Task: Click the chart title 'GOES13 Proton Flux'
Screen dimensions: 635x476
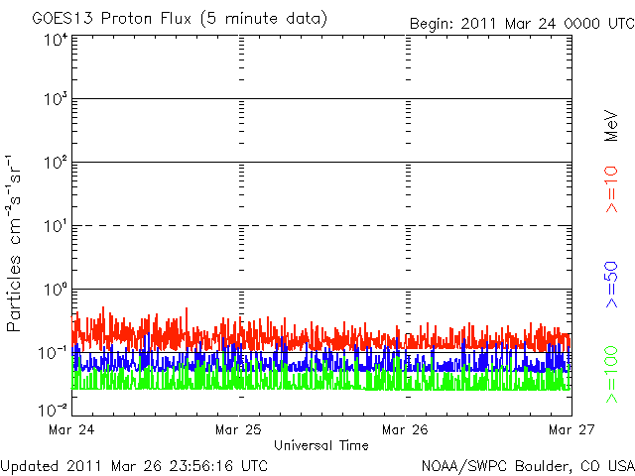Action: click(112, 19)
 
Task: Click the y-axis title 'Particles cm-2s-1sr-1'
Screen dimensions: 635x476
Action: click(14, 243)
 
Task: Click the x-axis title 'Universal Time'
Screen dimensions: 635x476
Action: click(321, 445)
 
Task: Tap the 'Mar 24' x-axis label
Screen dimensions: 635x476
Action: click(71, 429)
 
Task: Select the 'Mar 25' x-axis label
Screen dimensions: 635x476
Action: click(238, 429)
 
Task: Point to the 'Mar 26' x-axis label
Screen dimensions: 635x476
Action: click(405, 429)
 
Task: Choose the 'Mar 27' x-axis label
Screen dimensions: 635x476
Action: click(571, 429)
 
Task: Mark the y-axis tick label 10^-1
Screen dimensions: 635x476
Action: click(53, 353)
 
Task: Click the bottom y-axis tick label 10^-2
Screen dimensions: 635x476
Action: click(53, 411)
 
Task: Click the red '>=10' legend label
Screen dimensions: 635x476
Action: click(611, 189)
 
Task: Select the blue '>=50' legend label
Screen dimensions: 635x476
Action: click(611, 285)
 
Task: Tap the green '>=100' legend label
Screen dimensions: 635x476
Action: click(611, 375)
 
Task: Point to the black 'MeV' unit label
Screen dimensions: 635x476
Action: click(611, 126)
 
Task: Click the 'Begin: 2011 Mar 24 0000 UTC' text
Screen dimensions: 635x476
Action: click(522, 24)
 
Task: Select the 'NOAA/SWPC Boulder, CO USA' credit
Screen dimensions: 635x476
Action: click(528, 466)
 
